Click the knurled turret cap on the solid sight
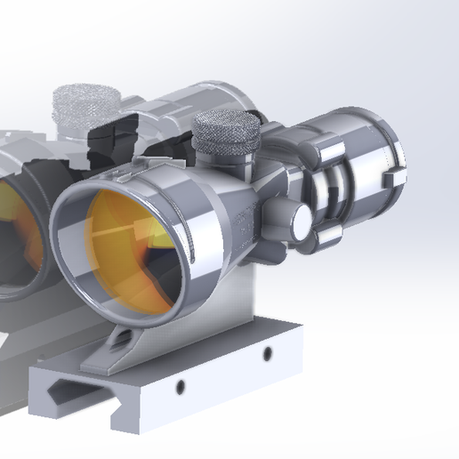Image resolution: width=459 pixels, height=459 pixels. tap(227, 133)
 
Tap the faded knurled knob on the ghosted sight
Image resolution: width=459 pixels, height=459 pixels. tap(85, 103)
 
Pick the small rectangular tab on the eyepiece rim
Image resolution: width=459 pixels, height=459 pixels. tap(391, 178)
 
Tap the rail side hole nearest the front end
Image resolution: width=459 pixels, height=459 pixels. tap(181, 387)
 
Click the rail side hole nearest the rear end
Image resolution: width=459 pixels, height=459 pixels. tap(267, 355)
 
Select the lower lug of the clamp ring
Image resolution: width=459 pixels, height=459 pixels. tap(329, 235)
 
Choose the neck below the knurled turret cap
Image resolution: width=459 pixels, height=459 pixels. tap(233, 161)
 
